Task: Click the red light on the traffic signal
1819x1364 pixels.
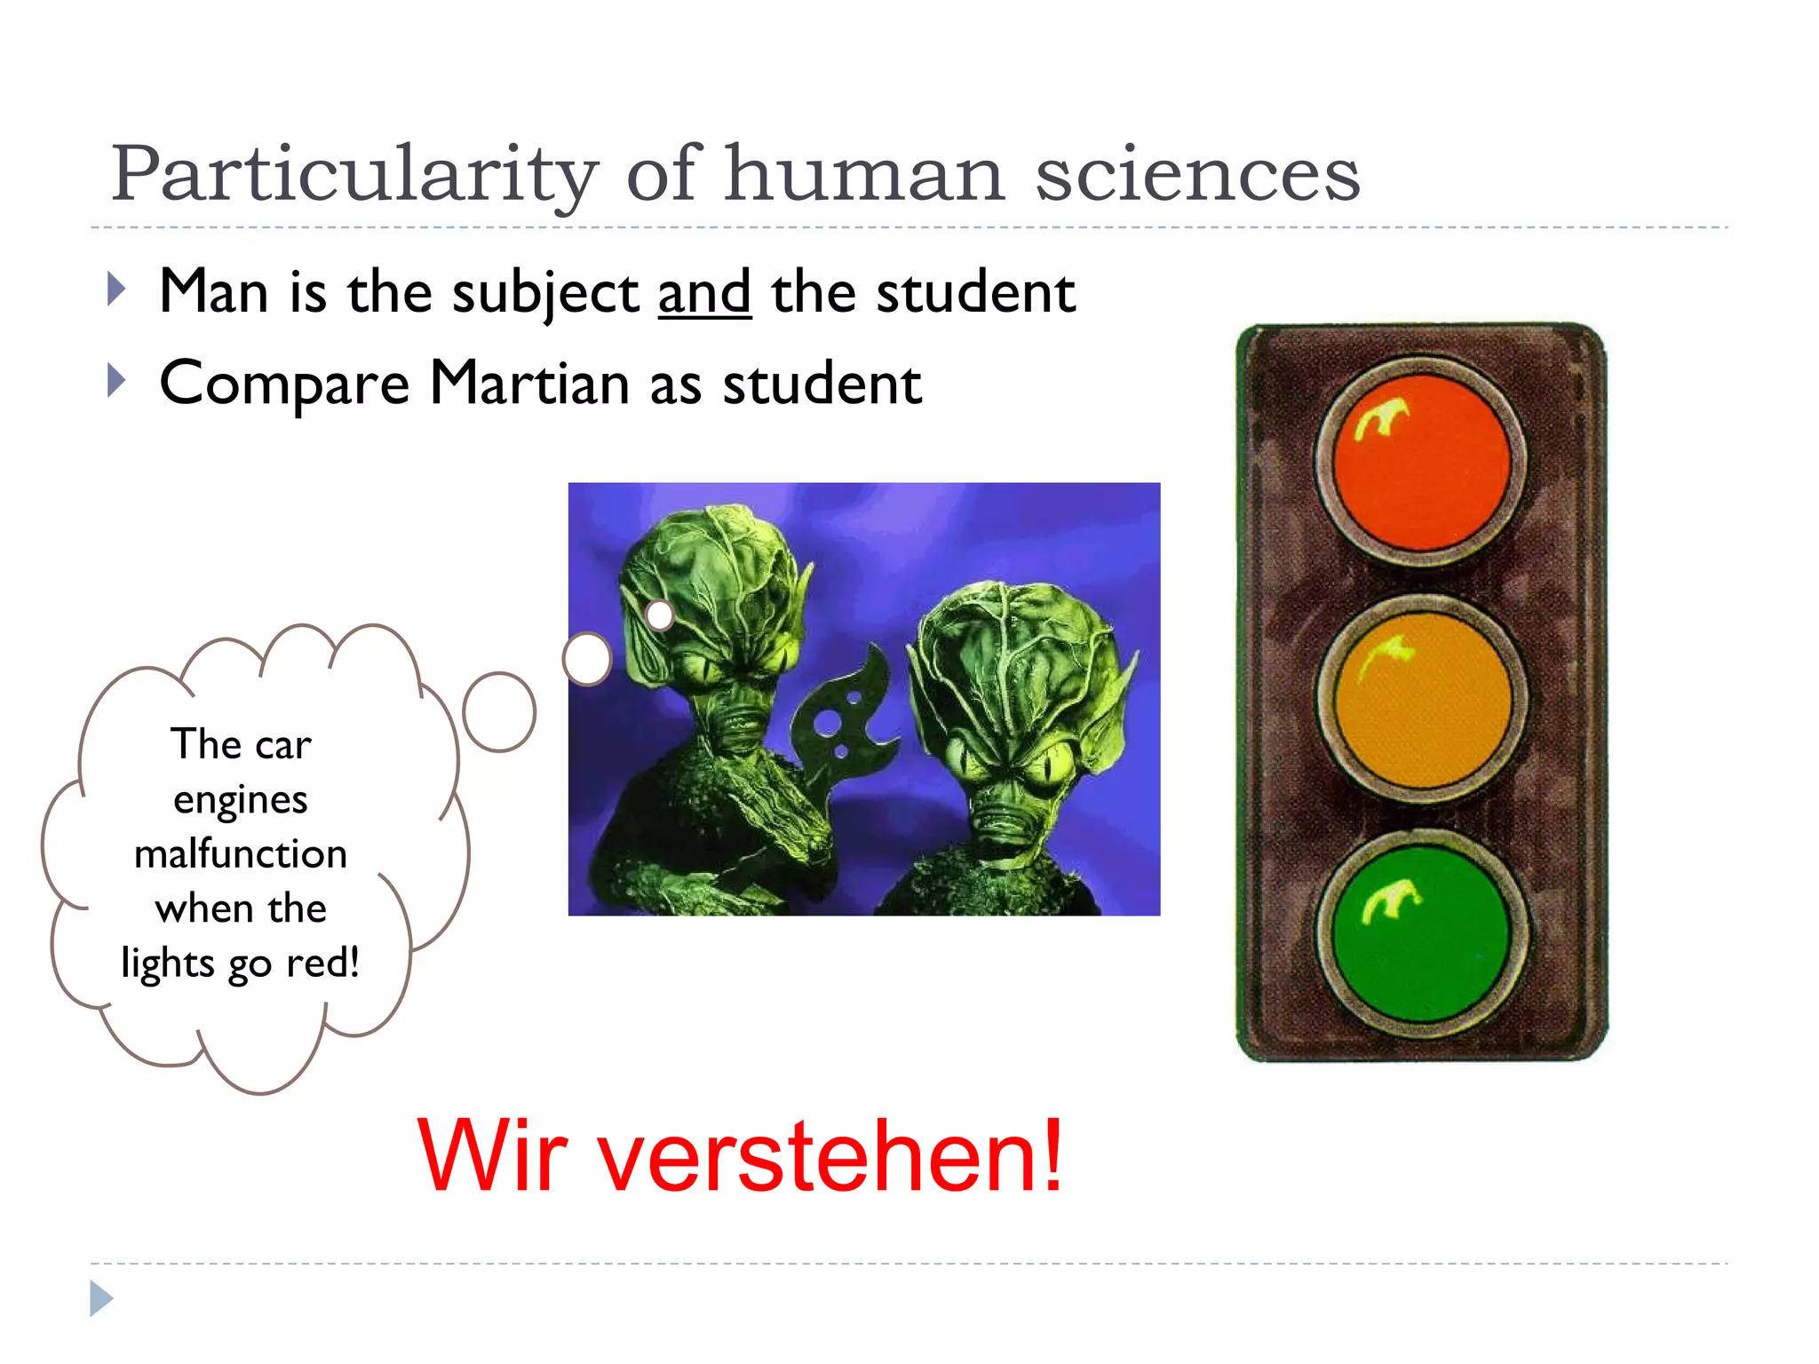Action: pyautogui.click(x=1421, y=463)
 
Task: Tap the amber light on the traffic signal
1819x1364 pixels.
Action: pyautogui.click(x=1421, y=700)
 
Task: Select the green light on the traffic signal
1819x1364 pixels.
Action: pyautogui.click(x=1421, y=934)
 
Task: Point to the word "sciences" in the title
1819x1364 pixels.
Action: pyautogui.click(x=1197, y=174)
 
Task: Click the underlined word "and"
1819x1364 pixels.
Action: pyautogui.click(x=704, y=293)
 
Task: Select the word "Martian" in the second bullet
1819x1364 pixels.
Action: pyautogui.click(x=529, y=384)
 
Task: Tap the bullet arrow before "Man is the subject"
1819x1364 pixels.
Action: pyautogui.click(x=115, y=289)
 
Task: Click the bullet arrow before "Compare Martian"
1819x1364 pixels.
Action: pyautogui.click(x=115, y=380)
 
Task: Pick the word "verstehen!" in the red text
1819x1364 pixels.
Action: pyautogui.click(x=830, y=1156)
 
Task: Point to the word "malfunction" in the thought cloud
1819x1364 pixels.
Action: pyautogui.click(x=241, y=854)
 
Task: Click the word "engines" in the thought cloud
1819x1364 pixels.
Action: pyautogui.click(x=241, y=800)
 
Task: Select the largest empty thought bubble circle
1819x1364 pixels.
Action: pyautogui.click(x=499, y=712)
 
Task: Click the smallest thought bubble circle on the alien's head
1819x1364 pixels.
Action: pyautogui.click(x=660, y=615)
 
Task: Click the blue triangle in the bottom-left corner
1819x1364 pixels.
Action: pyautogui.click(x=100, y=1298)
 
